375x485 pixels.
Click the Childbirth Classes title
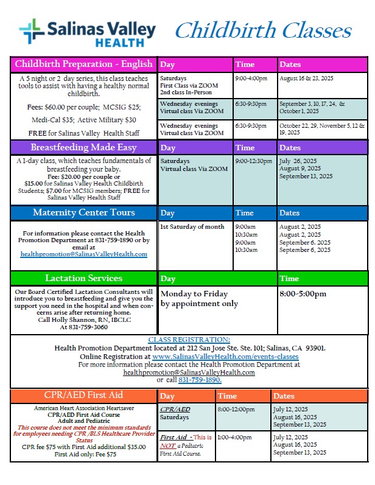(263, 30)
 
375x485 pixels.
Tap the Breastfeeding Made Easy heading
(83, 147)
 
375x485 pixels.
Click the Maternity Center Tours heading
(83, 212)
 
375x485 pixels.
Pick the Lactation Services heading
(83, 278)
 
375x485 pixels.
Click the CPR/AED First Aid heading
(83, 394)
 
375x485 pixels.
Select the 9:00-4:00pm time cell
(250, 79)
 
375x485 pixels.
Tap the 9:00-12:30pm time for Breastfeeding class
(253, 161)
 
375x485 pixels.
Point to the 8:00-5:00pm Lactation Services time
(303, 294)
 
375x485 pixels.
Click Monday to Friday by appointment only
(199, 299)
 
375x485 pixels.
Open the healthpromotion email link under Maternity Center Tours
(83, 254)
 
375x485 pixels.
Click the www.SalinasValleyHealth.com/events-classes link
(225, 356)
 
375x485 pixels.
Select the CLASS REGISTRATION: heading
(189, 340)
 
